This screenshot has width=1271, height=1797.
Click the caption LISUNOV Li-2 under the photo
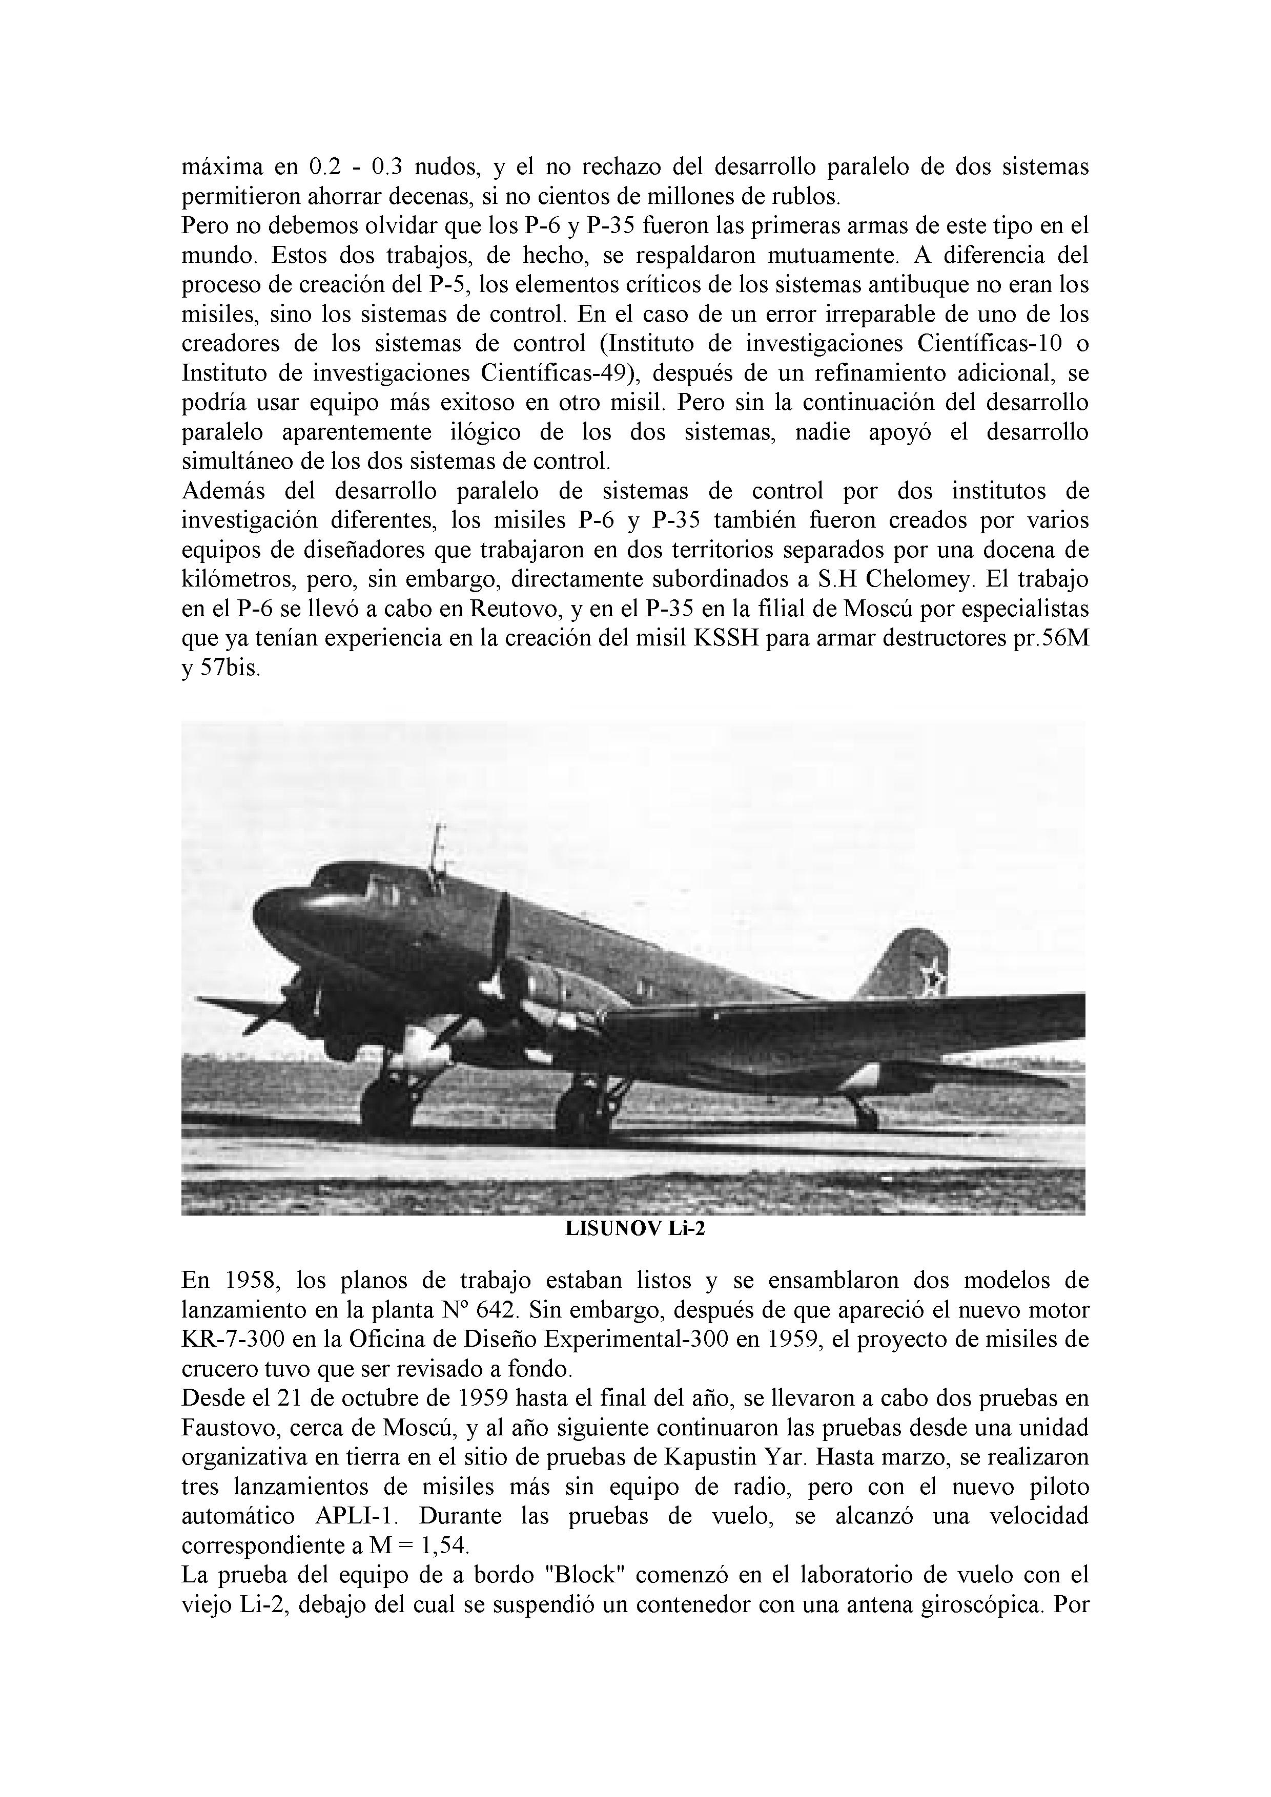point(634,1228)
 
